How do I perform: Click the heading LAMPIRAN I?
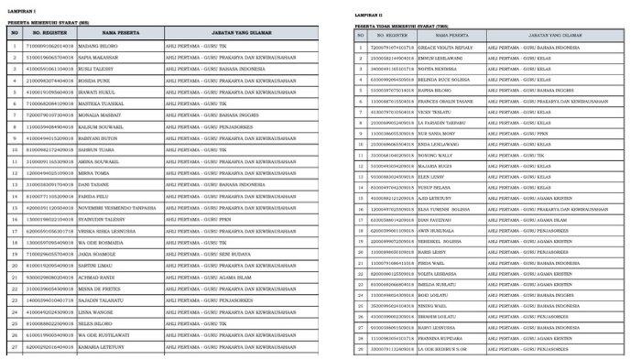[x=20, y=6]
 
